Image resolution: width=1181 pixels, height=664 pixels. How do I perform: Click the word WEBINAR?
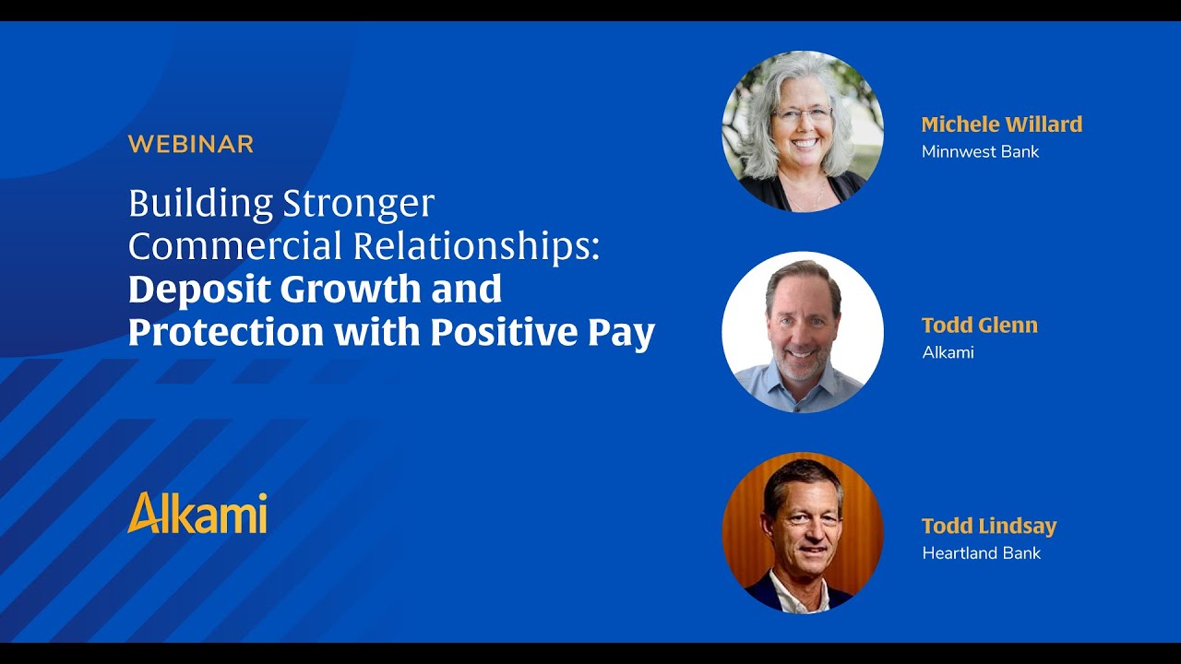point(190,144)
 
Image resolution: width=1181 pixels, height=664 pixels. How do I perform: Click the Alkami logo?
point(197,513)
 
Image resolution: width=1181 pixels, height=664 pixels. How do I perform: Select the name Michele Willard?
point(1001,124)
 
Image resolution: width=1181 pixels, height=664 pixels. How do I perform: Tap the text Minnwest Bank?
point(980,151)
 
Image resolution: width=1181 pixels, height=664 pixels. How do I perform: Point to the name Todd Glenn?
point(979,325)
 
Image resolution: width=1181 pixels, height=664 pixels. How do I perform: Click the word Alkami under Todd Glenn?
point(948,352)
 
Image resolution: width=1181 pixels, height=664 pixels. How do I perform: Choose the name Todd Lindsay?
point(988,526)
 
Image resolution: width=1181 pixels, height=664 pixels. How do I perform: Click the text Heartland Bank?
point(981,553)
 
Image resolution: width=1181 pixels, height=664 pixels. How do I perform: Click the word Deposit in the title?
point(197,290)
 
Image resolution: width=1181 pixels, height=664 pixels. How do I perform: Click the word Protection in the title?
point(225,332)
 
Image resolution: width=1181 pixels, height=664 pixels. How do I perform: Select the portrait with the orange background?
point(803,533)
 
